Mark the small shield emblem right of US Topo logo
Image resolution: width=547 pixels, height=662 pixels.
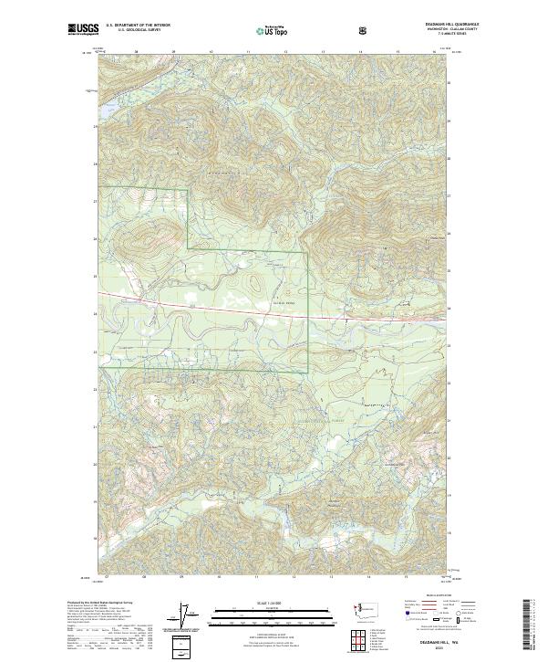(x=312, y=29)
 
